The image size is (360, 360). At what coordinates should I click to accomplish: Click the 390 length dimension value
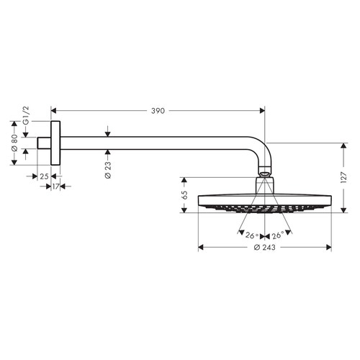click(x=158, y=111)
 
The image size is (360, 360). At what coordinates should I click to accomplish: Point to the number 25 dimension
click(x=43, y=176)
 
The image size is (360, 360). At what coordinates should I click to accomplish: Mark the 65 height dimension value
click(x=185, y=195)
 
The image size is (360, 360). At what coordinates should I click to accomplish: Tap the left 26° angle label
click(x=250, y=235)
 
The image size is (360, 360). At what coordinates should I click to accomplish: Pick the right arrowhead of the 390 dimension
click(x=261, y=111)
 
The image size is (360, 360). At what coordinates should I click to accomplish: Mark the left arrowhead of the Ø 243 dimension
click(x=201, y=248)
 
